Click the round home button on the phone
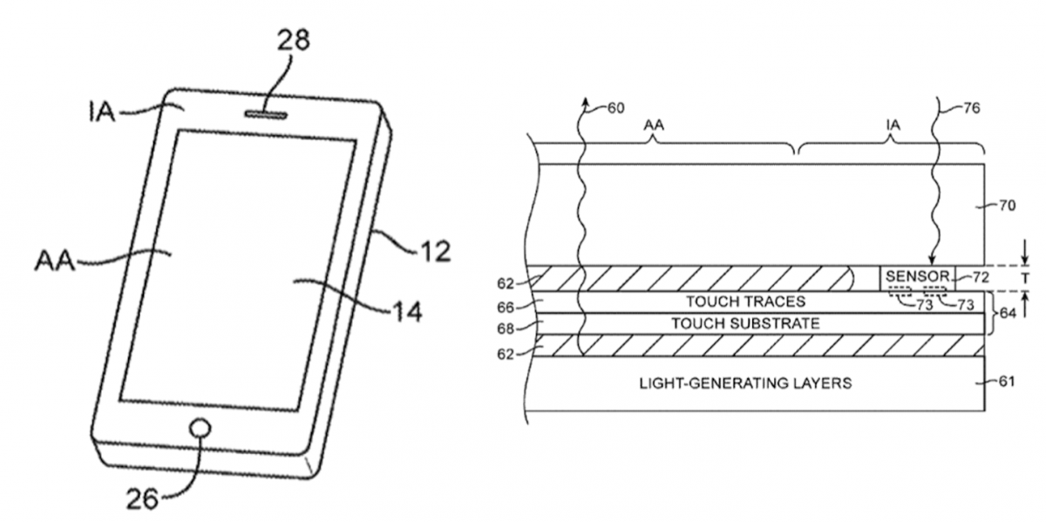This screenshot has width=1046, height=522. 200,429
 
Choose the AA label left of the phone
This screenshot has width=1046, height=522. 54,261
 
